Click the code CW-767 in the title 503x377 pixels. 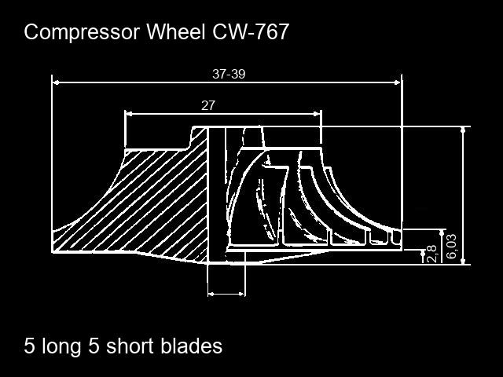[255, 32]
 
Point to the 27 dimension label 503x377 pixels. [208, 105]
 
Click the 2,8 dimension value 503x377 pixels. [431, 254]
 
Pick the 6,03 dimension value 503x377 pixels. [451, 247]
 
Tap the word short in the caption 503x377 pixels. [131, 346]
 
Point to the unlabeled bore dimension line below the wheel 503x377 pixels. [226, 294]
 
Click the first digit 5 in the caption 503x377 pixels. [30, 346]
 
